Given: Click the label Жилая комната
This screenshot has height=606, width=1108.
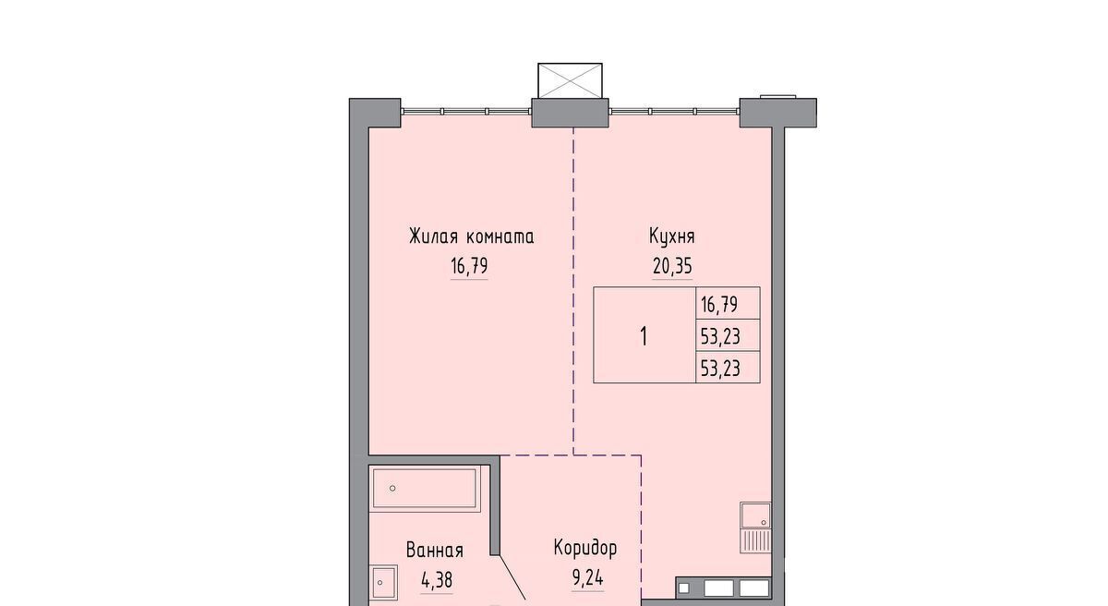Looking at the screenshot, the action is pyautogui.click(x=472, y=236).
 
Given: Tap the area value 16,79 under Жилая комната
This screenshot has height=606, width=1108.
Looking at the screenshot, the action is pyautogui.click(x=469, y=267).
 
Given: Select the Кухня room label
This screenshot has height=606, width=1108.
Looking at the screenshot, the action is pyautogui.click(x=672, y=236).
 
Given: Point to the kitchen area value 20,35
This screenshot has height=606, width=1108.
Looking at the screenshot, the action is pyautogui.click(x=672, y=267).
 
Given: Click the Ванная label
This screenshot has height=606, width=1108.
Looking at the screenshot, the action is pyautogui.click(x=435, y=550).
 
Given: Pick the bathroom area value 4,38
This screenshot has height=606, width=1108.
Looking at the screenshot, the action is pyautogui.click(x=437, y=580).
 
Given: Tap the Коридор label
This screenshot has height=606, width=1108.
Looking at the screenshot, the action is pyautogui.click(x=585, y=549).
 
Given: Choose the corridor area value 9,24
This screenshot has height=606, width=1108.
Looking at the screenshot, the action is pyautogui.click(x=587, y=579).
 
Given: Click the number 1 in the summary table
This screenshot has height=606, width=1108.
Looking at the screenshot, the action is pyautogui.click(x=644, y=337).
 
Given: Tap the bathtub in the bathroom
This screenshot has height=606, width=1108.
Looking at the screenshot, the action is pyautogui.click(x=426, y=489).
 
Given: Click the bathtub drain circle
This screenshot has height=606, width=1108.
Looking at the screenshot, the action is pyautogui.click(x=392, y=489).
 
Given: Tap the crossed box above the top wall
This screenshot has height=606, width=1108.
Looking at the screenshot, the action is pyautogui.click(x=570, y=80).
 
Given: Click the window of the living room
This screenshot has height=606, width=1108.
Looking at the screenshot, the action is pyautogui.click(x=465, y=111).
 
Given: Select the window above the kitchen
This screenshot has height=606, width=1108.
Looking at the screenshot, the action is pyautogui.click(x=674, y=111).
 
